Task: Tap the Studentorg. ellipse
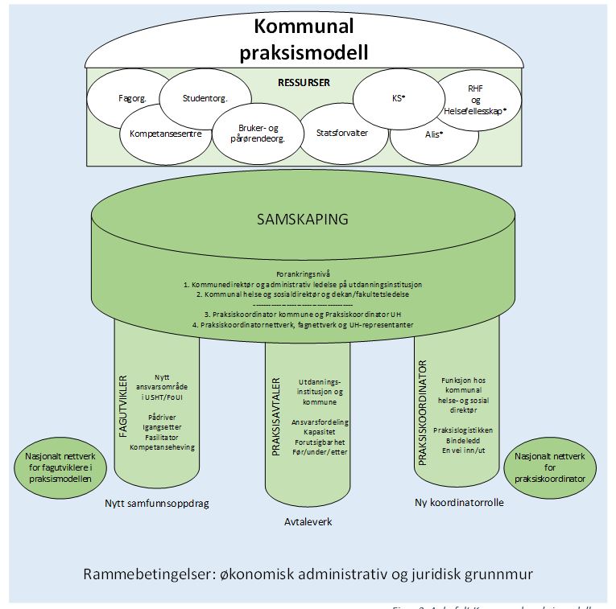pyautogui.click(x=205, y=98)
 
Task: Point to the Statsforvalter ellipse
pyautogui.click(x=341, y=133)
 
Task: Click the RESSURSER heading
pyautogui.click(x=304, y=82)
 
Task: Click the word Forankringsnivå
pyautogui.click(x=302, y=274)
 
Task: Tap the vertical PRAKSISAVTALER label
pyautogui.click(x=275, y=417)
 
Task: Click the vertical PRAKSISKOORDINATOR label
pyautogui.click(x=422, y=413)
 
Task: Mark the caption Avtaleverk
pyautogui.click(x=307, y=521)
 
